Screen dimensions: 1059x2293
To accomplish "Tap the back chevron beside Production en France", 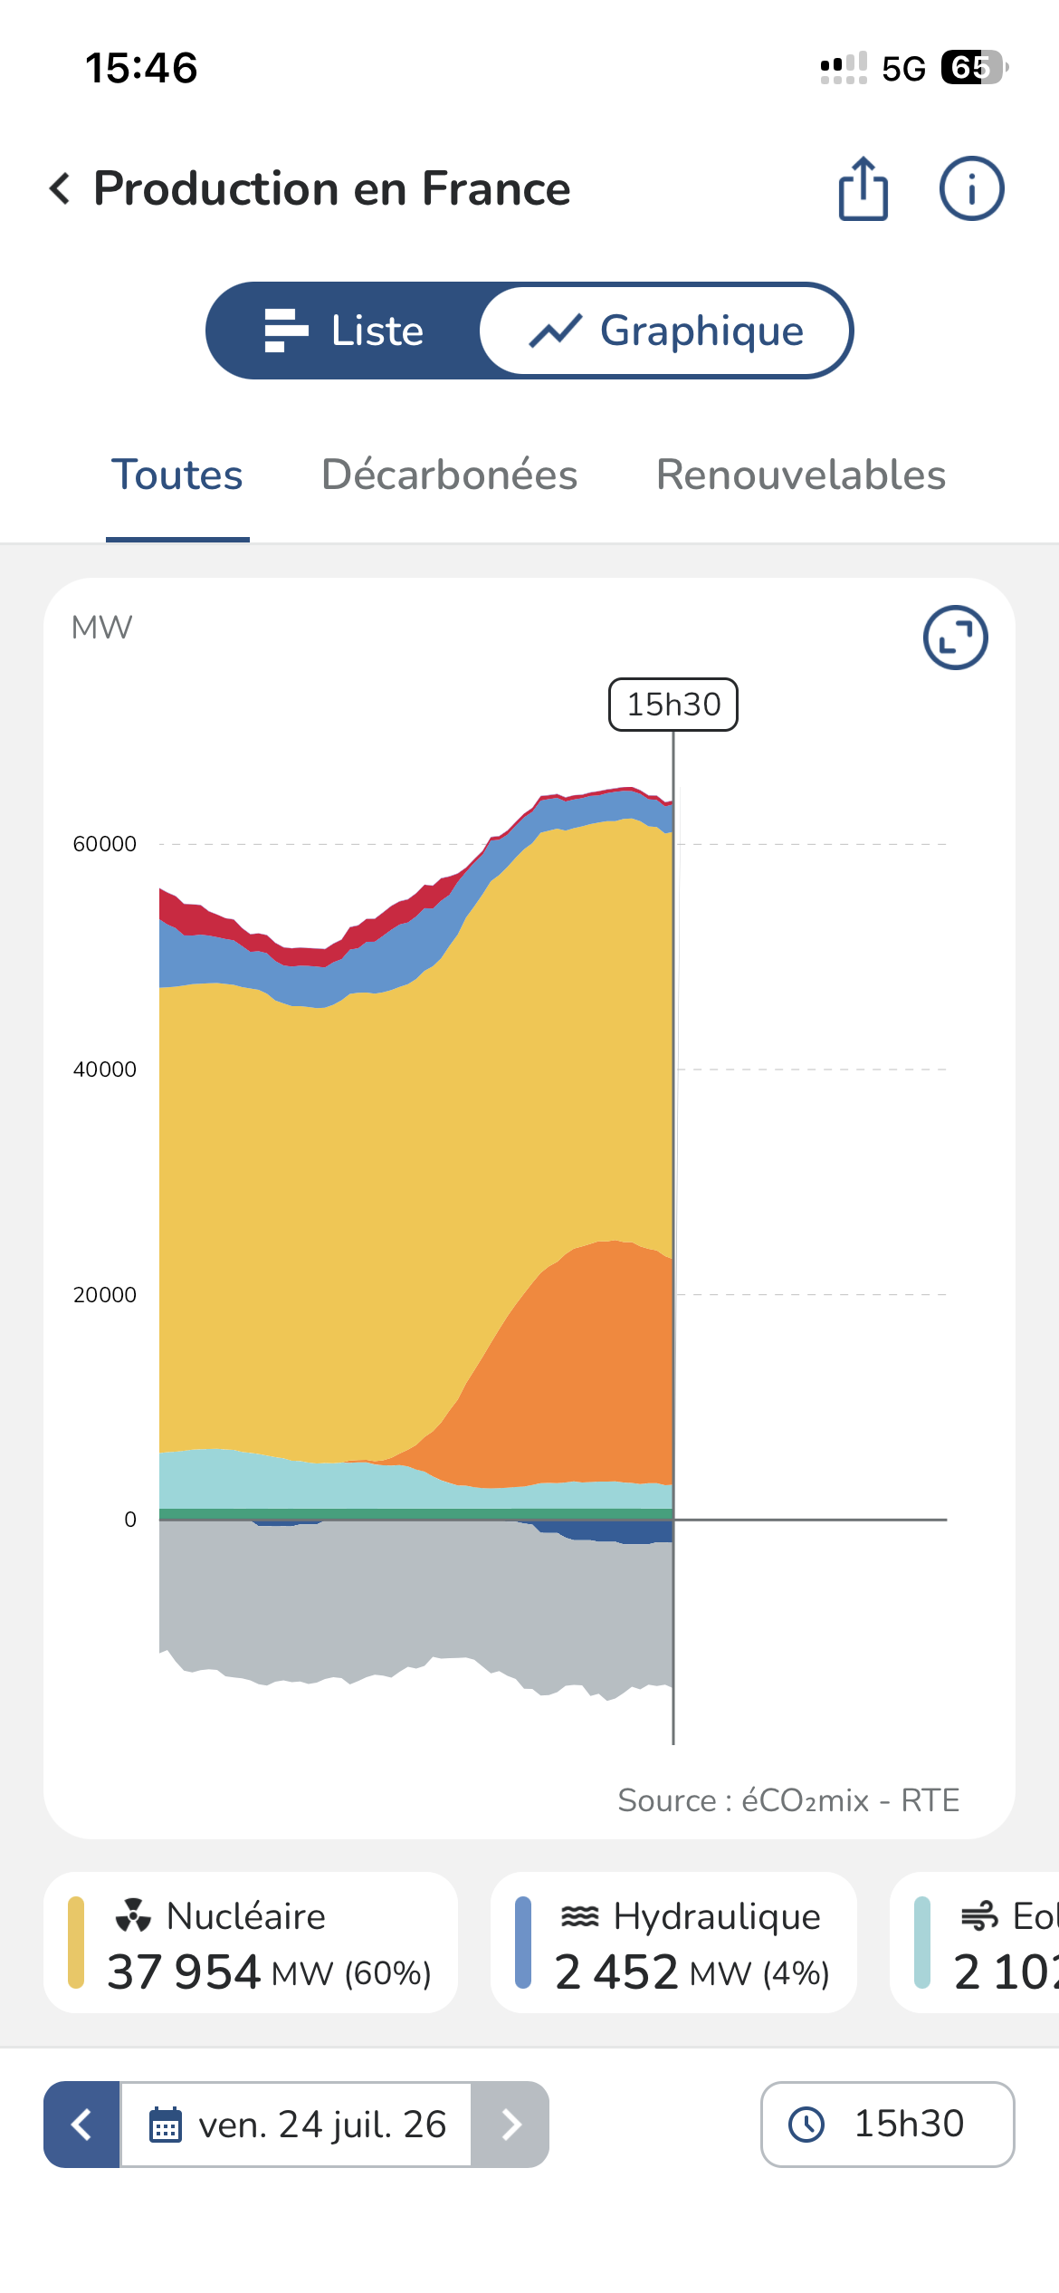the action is click(x=60, y=188).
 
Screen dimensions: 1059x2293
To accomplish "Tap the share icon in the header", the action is click(x=863, y=188).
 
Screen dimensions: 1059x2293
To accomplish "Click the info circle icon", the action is click(x=971, y=188).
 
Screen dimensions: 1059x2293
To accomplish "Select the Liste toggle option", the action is click(x=344, y=331).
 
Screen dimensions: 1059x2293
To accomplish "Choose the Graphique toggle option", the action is click(x=666, y=331).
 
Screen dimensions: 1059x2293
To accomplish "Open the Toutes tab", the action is click(x=177, y=475).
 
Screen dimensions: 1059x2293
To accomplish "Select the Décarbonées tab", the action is click(x=450, y=475).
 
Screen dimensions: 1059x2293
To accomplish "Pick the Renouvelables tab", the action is click(x=801, y=475).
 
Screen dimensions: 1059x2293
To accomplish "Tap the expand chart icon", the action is click(x=955, y=638).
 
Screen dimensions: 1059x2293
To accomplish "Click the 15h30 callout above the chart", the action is click(x=673, y=705).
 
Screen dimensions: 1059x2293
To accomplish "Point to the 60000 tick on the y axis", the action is click(x=105, y=844).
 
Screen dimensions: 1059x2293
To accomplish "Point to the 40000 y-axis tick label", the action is click(x=105, y=1070).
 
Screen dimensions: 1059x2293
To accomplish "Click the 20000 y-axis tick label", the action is click(x=105, y=1295).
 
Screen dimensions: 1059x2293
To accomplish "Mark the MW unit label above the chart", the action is click(x=101, y=628).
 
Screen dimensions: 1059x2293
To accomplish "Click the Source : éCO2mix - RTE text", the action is click(x=788, y=1800).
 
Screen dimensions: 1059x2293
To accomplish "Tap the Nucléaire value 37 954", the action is click(x=184, y=1972).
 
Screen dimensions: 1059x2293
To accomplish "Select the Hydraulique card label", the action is click(x=717, y=1916).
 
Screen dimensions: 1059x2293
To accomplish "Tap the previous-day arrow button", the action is click(x=81, y=2125).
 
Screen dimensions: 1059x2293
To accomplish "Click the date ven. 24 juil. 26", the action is click(x=322, y=2125).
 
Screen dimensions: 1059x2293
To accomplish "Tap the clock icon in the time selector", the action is click(x=806, y=2124).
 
